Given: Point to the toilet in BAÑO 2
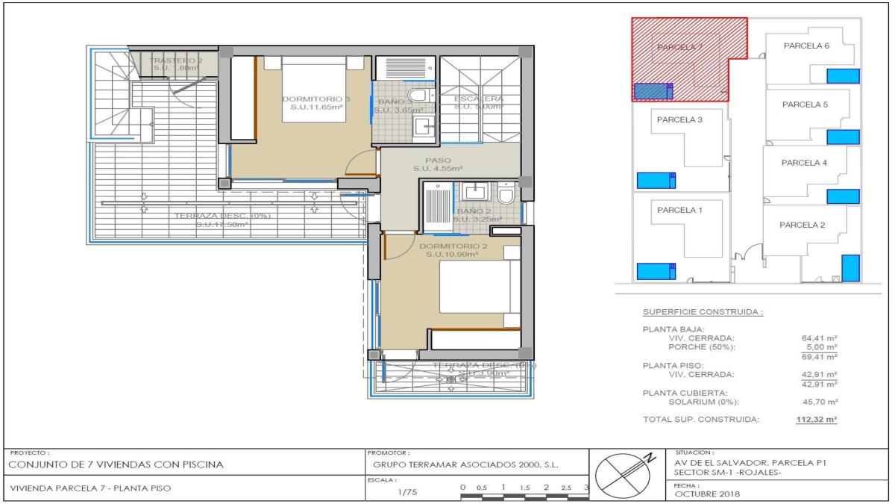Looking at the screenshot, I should tap(506, 196).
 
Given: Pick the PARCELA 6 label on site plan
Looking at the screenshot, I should tap(806, 46).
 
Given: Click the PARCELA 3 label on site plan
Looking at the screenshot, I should tap(679, 119).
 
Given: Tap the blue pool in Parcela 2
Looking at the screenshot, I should tap(850, 267).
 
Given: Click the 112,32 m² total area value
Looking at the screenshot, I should tap(817, 420).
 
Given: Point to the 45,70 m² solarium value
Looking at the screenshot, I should tap(819, 402).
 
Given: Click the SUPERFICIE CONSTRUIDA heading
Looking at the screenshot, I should tap(703, 312).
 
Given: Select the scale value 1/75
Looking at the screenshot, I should tap(406, 492).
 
